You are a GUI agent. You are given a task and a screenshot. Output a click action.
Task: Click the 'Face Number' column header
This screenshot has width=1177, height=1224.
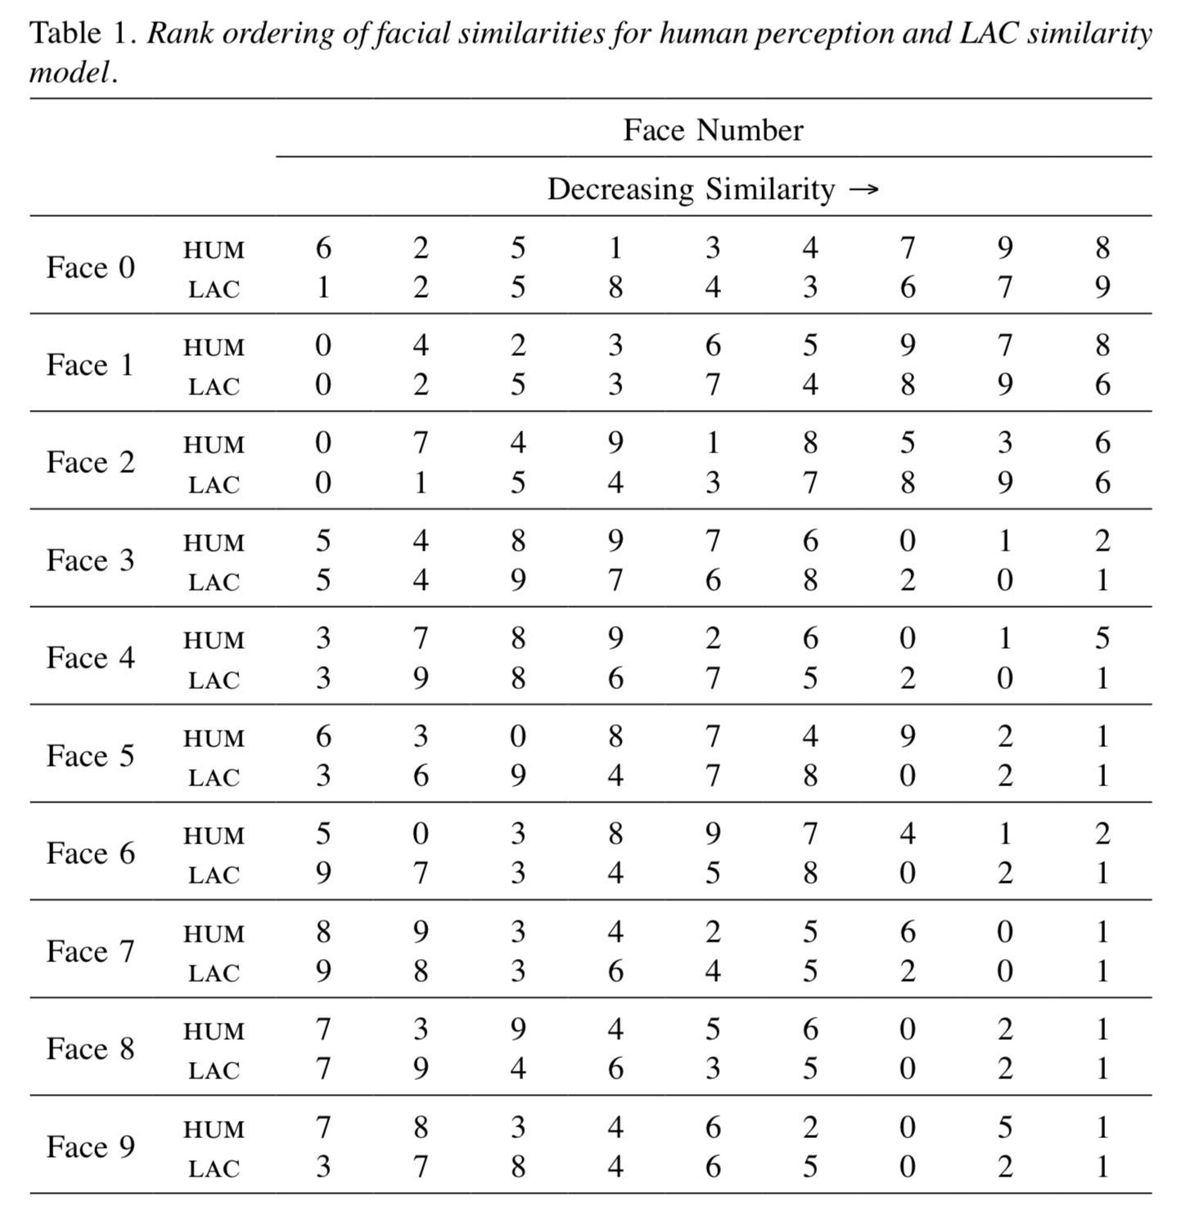coord(713,130)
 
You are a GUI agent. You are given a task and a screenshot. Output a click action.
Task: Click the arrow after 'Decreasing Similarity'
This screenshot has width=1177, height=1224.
coord(864,190)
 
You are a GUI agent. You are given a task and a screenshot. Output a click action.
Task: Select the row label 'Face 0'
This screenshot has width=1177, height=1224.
coord(90,268)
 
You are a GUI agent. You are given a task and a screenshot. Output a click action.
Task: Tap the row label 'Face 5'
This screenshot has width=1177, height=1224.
coord(90,756)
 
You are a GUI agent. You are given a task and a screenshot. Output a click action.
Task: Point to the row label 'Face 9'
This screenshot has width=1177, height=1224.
coord(90,1147)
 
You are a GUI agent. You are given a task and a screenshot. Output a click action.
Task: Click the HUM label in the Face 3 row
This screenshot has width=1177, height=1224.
coord(214,542)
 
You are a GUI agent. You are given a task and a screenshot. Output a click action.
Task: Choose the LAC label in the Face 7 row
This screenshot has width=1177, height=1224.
coord(214,973)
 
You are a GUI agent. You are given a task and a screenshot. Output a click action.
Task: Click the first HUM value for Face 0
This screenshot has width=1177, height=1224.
coord(323,248)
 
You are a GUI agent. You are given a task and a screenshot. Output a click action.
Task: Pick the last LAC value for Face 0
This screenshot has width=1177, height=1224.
coord(1103,287)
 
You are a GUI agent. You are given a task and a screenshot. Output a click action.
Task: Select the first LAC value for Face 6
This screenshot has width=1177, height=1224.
coord(323,873)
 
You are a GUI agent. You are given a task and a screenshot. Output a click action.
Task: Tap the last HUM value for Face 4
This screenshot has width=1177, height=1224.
coord(1103,638)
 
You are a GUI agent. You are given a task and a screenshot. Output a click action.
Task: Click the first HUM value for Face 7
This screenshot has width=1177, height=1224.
coord(323,932)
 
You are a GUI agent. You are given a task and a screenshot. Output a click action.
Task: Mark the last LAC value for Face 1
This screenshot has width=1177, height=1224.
coord(1103,385)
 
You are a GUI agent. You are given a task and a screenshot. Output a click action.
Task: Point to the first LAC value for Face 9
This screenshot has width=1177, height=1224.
coord(323,1167)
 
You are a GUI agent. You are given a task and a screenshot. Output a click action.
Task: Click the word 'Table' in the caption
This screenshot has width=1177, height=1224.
coord(65,34)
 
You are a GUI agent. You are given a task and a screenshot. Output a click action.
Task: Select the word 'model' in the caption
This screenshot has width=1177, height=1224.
coord(69,73)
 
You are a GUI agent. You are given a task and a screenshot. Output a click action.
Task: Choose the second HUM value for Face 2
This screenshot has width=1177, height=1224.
coord(421,443)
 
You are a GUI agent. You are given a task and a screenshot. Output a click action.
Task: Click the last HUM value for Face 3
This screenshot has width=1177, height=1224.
coord(1103,541)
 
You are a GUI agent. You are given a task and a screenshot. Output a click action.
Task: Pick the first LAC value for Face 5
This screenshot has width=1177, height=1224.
coord(323,776)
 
